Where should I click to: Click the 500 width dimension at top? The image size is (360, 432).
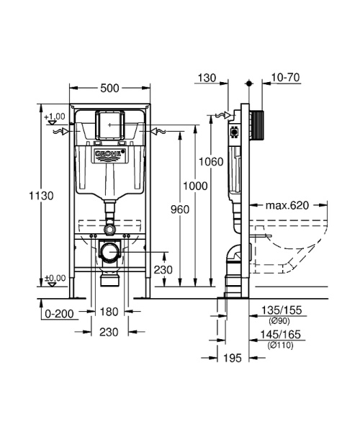(x=109, y=88)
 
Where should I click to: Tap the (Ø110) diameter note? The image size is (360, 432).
(x=279, y=345)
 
